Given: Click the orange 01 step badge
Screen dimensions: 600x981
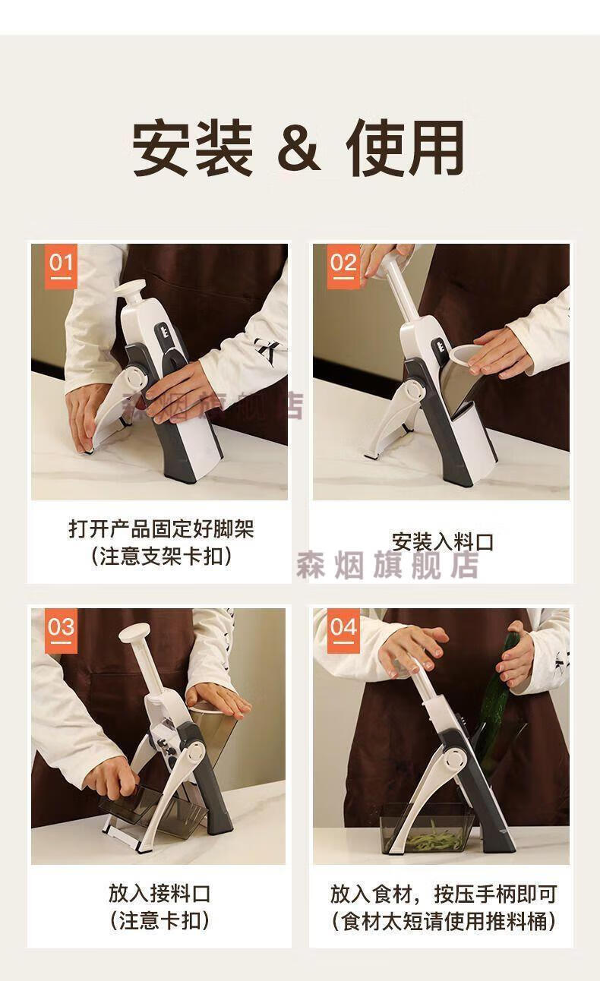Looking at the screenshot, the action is click(x=61, y=267).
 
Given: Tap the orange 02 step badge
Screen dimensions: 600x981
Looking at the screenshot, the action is click(x=343, y=267).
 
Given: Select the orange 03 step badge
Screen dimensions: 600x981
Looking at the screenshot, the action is click(x=61, y=631).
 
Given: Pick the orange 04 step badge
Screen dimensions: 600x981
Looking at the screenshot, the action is click(x=343, y=631).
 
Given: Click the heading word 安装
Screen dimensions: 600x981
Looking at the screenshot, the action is click(x=193, y=147).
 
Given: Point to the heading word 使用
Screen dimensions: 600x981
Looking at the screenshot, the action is click(x=405, y=147).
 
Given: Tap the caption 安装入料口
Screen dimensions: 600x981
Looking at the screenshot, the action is click(x=442, y=541).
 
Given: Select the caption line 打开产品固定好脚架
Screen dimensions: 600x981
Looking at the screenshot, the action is click(x=161, y=528).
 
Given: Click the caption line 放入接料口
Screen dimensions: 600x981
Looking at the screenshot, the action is click(x=159, y=894).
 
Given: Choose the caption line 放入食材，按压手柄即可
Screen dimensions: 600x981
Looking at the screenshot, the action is click(x=444, y=894).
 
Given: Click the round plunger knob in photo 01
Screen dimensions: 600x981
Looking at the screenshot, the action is click(x=130, y=289).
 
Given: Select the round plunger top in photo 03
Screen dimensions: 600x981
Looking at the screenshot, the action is click(x=134, y=633).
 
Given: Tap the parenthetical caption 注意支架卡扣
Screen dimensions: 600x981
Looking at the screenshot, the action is click(x=161, y=557).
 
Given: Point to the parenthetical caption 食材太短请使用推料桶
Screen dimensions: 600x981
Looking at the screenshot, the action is click(x=444, y=921).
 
